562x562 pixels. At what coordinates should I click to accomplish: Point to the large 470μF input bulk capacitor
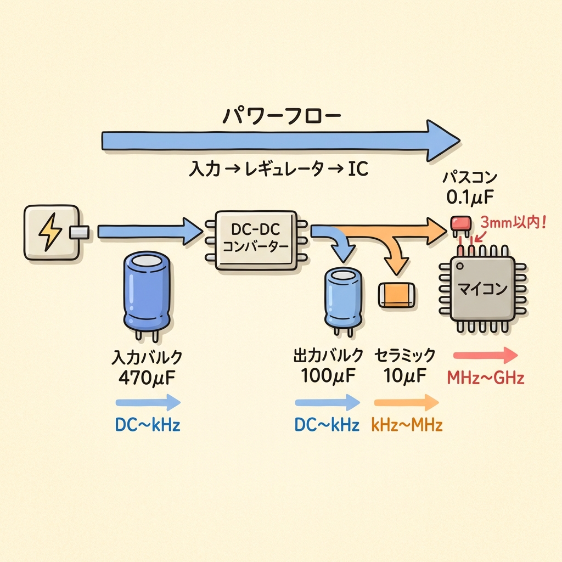pos(145,291)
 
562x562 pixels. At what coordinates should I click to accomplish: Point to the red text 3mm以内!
pos(513,224)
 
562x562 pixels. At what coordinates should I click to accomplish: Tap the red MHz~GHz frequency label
pos(485,378)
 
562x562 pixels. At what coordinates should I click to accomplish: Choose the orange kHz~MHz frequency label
pos(407,425)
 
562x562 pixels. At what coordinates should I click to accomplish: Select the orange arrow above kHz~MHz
pos(406,403)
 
